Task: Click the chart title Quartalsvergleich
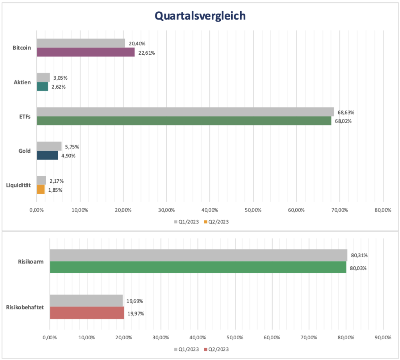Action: click(200, 16)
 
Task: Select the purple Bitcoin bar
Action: click(86, 52)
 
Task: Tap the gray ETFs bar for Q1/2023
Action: click(185, 112)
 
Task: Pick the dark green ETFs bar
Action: click(184, 121)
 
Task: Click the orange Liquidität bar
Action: click(41, 189)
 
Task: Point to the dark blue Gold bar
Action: click(47, 155)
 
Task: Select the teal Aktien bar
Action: click(42, 86)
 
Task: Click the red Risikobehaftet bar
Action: click(87, 313)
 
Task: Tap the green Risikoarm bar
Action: click(198, 267)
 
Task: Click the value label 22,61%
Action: click(147, 53)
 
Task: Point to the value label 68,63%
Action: click(346, 112)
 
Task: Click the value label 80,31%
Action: click(359, 255)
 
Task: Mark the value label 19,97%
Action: click(136, 313)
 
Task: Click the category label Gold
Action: click(25, 151)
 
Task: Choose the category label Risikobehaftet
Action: click(25, 307)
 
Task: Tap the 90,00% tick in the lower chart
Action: click(382, 337)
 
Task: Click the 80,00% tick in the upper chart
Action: click(382, 210)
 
